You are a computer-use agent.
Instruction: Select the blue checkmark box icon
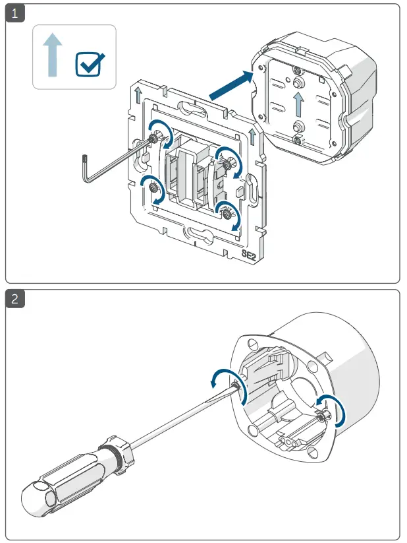tap(89, 64)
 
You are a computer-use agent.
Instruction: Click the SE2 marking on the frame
tap(250, 254)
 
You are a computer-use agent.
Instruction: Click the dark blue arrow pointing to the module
tap(231, 86)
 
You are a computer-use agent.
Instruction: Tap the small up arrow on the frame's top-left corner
tap(138, 94)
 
